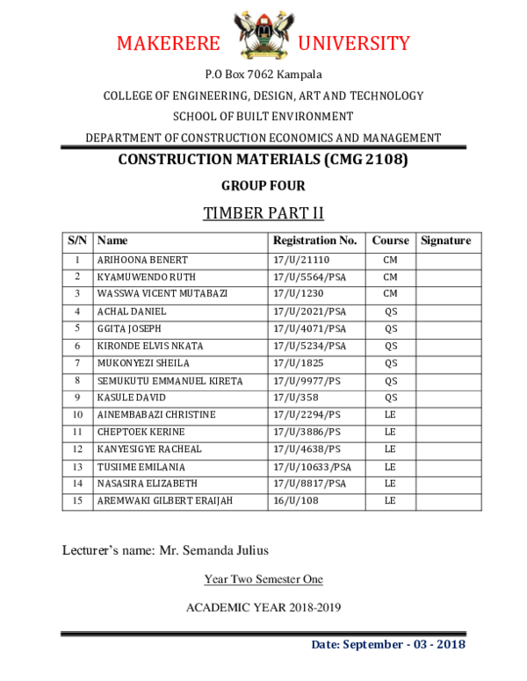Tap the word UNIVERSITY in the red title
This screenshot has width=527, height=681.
pos(354,44)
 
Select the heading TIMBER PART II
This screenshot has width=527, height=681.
pos(263,213)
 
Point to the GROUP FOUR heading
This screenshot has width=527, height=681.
pos(263,186)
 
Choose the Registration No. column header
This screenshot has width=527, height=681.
pos(314,240)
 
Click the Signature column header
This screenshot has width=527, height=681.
pos(446,240)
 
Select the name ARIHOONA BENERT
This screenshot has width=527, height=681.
pos(142,261)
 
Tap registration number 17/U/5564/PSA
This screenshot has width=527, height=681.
pos(309,277)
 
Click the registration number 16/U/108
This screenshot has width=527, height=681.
pos(293,500)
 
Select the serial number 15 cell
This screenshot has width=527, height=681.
pos(77,500)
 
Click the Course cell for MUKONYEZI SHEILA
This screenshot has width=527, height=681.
pos(391,363)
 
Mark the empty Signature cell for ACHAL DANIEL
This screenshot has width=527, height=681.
pos(448,312)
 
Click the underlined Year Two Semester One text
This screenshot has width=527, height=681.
pos(263,579)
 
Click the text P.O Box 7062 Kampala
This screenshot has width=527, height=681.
pos(263,75)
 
